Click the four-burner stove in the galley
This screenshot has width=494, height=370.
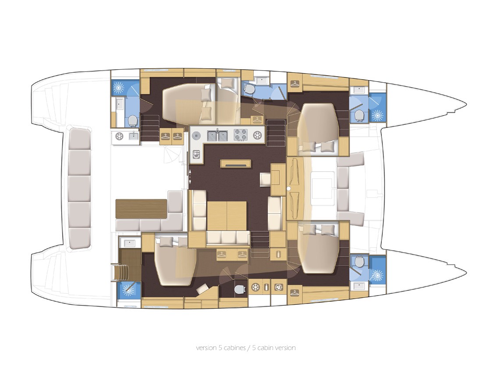(x=240, y=135)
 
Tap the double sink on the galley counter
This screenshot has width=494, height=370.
(x=217, y=135)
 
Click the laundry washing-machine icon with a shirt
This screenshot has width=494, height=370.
(x=279, y=287)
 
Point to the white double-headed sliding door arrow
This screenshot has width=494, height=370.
(x=190, y=176)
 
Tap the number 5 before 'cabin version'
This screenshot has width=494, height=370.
(x=254, y=348)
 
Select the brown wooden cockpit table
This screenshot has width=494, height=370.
(x=141, y=208)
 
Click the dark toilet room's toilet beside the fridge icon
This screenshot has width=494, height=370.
(x=239, y=289)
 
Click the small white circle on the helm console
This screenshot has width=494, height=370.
(x=288, y=188)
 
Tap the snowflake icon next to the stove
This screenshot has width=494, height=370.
(x=258, y=135)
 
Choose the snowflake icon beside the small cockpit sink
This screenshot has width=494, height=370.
(x=119, y=136)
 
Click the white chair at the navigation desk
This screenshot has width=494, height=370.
(x=265, y=180)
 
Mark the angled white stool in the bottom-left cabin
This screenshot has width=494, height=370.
(x=202, y=288)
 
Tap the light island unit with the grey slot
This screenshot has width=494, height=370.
(x=236, y=164)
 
